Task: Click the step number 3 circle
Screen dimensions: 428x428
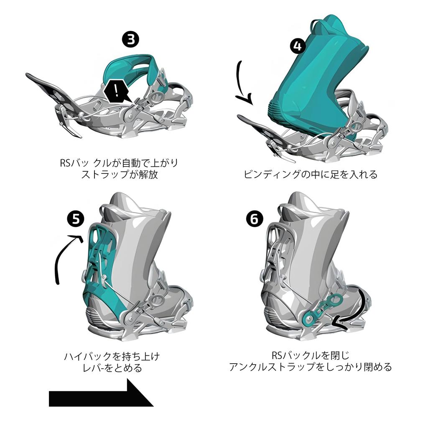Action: pyautogui.click(x=130, y=40)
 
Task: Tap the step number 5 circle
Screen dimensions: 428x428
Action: pyautogui.click(x=76, y=219)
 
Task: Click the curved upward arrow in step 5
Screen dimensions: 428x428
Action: pyautogui.click(x=63, y=259)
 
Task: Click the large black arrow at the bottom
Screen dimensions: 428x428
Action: pyautogui.click(x=100, y=394)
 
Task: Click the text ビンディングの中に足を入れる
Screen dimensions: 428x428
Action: pyautogui.click(x=310, y=174)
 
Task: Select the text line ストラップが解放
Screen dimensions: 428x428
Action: pyautogui.click(x=119, y=174)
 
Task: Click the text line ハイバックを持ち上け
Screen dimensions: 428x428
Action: pyautogui.click(x=112, y=357)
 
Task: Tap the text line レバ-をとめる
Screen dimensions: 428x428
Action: pyautogui.click(x=112, y=368)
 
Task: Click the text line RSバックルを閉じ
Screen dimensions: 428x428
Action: pyautogui.click(x=310, y=356)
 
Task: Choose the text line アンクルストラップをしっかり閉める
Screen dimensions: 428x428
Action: pyautogui.click(x=310, y=367)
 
